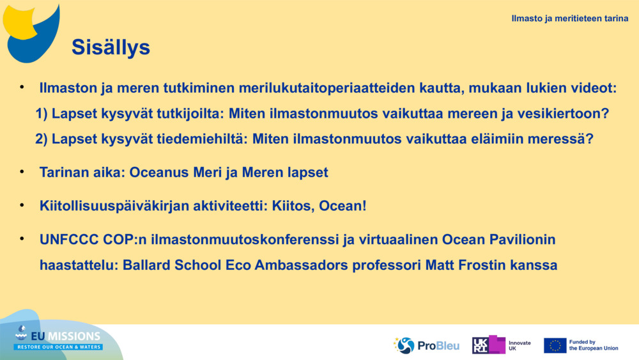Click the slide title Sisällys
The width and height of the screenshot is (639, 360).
(111, 47)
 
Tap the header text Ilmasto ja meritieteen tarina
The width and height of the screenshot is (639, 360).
(569, 19)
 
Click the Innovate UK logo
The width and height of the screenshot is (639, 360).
(502, 345)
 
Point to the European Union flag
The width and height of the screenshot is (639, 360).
(555, 345)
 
